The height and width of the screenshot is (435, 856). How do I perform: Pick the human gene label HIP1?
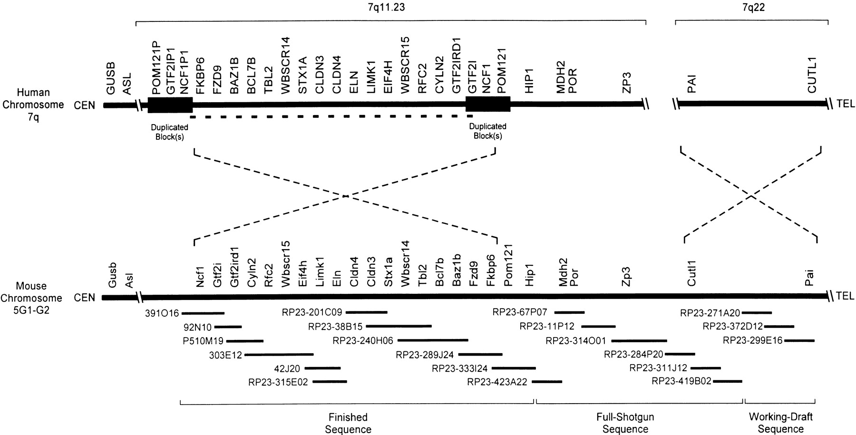click(530, 81)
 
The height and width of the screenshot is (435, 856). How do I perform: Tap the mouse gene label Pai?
click(809, 278)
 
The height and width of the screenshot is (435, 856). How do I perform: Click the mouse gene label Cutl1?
click(691, 275)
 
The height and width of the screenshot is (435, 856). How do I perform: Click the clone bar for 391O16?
click(203, 313)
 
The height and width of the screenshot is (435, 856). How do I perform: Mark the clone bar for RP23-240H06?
click(433, 340)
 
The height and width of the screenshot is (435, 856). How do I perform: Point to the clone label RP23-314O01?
click(576, 341)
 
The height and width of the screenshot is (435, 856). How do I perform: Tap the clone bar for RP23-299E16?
click(799, 340)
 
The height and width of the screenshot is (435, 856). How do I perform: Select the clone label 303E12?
click(225, 355)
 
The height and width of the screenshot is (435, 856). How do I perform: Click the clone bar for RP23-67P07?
click(569, 312)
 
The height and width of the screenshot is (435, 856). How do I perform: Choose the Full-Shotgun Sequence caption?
click(625, 423)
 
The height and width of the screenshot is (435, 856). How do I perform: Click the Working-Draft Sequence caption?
click(780, 423)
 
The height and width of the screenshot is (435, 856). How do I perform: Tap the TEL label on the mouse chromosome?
click(845, 296)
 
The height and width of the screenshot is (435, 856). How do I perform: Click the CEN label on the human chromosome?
click(85, 105)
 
